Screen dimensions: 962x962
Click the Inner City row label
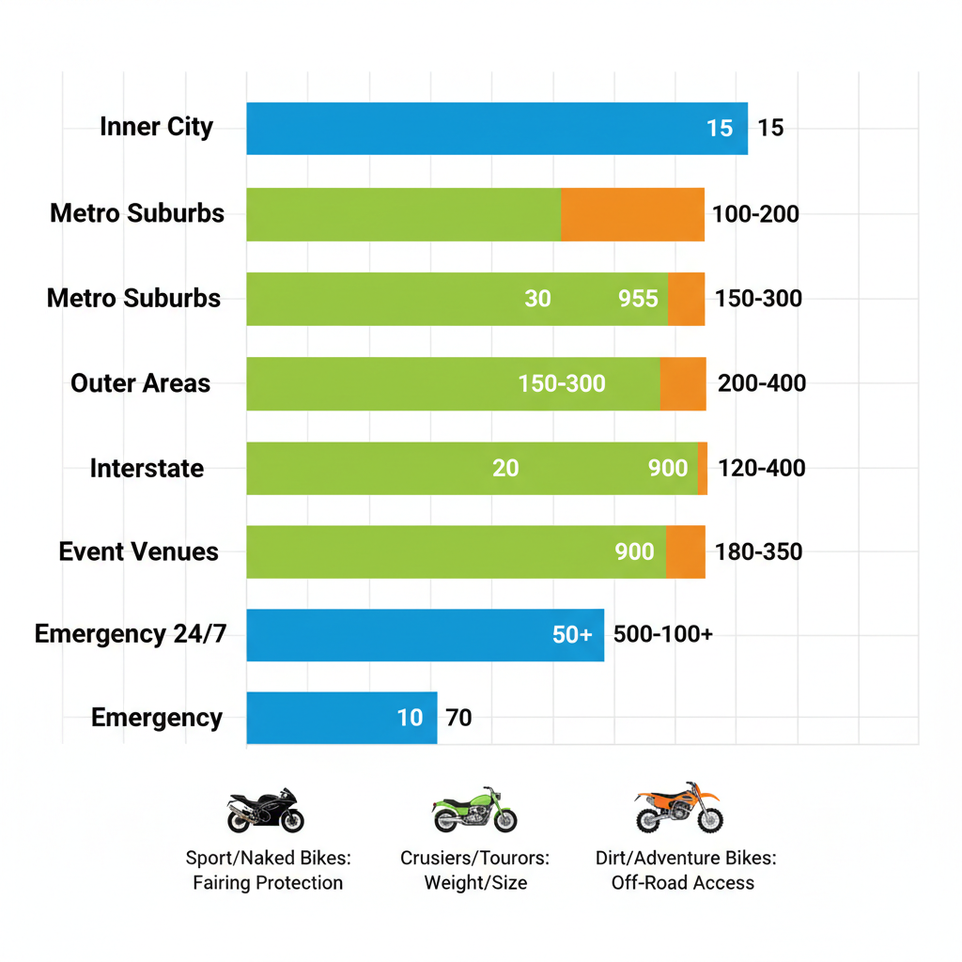tap(156, 127)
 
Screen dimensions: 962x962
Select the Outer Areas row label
tap(140, 383)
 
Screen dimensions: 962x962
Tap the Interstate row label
tap(147, 468)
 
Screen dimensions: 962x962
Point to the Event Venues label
tap(138, 551)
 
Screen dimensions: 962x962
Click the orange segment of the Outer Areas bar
tap(683, 383)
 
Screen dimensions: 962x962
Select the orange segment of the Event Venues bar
tap(686, 551)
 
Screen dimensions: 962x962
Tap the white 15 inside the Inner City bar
tap(720, 128)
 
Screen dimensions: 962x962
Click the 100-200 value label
tap(755, 214)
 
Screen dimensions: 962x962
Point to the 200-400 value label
tap(761, 383)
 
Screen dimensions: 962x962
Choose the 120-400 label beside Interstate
tap(761, 468)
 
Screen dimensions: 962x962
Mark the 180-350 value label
tap(758, 551)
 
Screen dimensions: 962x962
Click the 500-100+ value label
tap(662, 634)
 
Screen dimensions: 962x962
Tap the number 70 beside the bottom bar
tap(458, 719)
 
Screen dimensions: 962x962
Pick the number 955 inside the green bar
tap(638, 299)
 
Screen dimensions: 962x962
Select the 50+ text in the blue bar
tap(572, 634)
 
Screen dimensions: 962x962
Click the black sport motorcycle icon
tap(266, 812)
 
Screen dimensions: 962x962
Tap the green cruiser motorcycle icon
tap(474, 811)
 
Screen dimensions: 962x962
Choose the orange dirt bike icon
tap(679, 808)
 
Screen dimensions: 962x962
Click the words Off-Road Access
tap(682, 882)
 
